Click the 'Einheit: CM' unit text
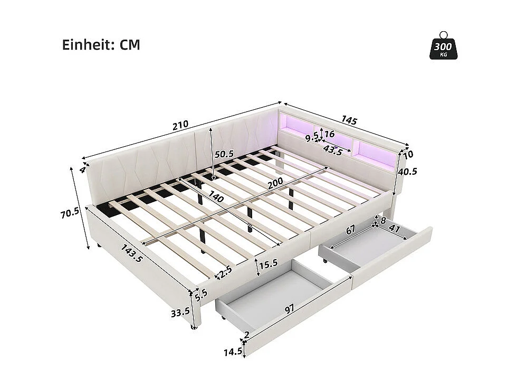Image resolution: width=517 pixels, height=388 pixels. (x=101, y=45)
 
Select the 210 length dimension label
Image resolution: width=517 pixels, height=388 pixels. (x=180, y=125)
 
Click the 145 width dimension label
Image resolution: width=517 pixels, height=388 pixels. (x=349, y=120)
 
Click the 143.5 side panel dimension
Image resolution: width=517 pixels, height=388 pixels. (x=132, y=254)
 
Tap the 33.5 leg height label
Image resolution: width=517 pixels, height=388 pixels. (x=180, y=311)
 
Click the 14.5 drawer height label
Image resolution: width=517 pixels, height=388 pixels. (x=232, y=351)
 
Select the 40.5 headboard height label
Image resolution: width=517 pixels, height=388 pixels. (x=408, y=171)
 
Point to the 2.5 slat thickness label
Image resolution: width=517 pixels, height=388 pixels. (x=225, y=272)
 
